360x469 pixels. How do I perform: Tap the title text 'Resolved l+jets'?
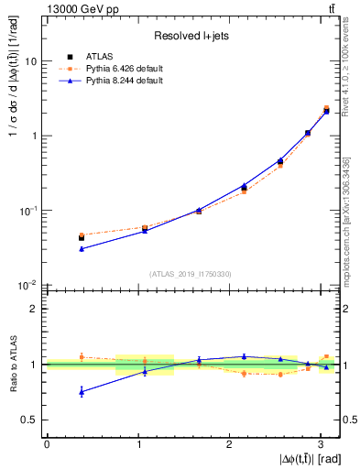[191, 37]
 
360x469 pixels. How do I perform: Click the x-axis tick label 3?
[322, 444]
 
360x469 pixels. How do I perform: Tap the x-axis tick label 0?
[46, 444]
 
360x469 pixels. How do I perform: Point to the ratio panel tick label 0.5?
[30, 420]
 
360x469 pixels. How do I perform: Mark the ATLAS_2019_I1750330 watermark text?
[191, 273]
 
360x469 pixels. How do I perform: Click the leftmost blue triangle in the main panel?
[82, 249]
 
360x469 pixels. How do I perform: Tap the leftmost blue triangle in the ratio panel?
[82, 392]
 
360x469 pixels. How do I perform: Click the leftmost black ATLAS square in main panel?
[82, 238]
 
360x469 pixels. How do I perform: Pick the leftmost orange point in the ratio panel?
[82, 356]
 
